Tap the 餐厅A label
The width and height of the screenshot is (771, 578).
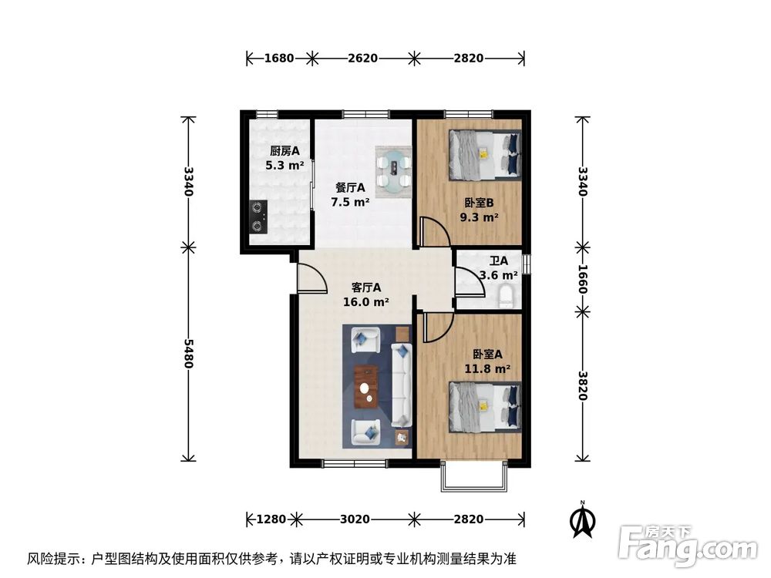coord(350,187)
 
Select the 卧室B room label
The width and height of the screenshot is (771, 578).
coord(480,203)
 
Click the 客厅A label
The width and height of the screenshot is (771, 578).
coord(365,288)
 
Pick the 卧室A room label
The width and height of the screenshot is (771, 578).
coord(488,355)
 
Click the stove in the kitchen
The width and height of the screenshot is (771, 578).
coord(258,217)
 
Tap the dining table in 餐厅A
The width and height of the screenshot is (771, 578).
coord(393,170)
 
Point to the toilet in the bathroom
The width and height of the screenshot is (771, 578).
coord(507,295)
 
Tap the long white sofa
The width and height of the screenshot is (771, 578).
coord(401,386)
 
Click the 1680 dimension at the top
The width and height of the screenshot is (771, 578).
coord(279,59)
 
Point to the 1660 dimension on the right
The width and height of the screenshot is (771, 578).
coord(583,278)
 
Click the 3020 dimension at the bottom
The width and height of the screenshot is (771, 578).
coord(355,519)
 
